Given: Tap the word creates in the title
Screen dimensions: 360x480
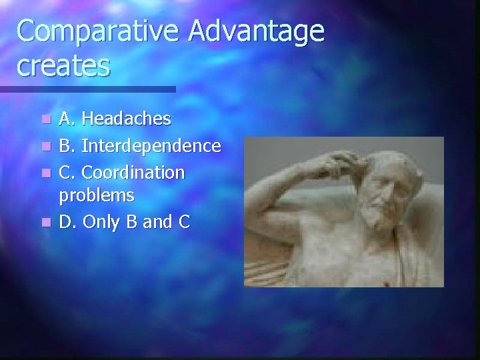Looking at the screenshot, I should pos(64,66).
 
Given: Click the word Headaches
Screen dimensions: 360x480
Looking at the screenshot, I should pos(126,120).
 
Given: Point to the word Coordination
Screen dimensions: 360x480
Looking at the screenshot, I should pos(133,172).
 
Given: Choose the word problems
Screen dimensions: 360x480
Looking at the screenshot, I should pos(97,195).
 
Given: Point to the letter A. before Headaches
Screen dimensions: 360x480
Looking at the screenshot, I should pos(67,120).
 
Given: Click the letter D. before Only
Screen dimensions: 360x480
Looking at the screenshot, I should pos(67,221).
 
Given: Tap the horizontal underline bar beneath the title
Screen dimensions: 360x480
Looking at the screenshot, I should pos(87,89).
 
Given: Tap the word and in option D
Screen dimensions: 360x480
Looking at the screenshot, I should pos(157,221).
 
